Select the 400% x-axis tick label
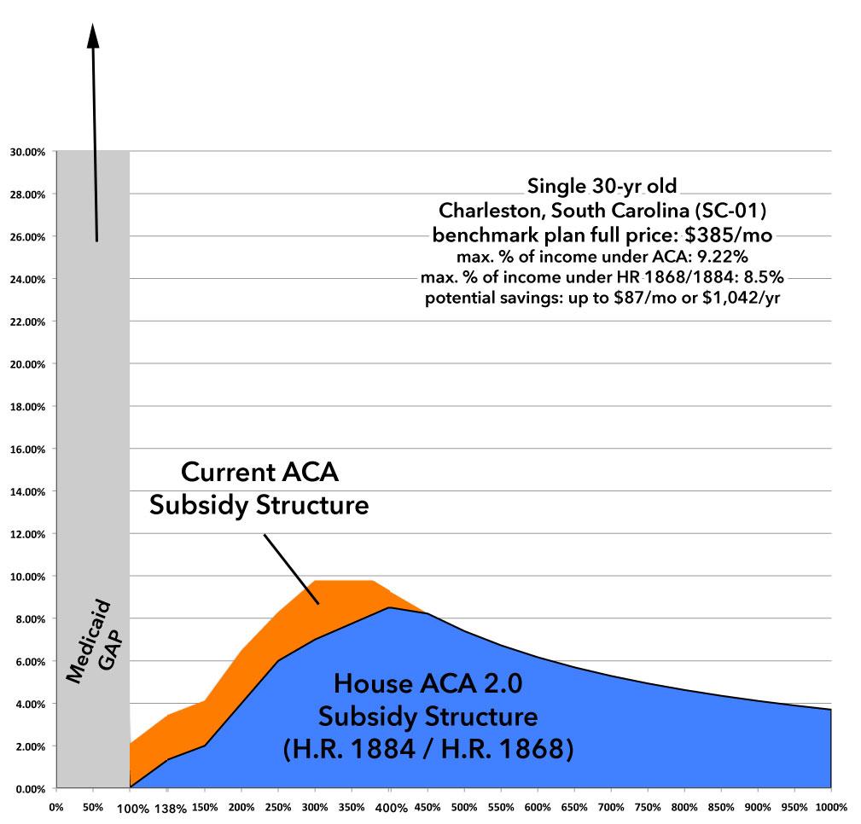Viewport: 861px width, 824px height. pos(390,806)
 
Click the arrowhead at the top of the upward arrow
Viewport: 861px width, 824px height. pos(93,34)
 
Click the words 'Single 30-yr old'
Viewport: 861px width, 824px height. pos(607,185)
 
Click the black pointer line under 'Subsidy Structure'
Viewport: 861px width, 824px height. pos(290,568)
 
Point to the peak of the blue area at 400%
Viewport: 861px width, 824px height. pos(390,608)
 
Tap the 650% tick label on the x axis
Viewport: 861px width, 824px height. pos(573,806)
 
